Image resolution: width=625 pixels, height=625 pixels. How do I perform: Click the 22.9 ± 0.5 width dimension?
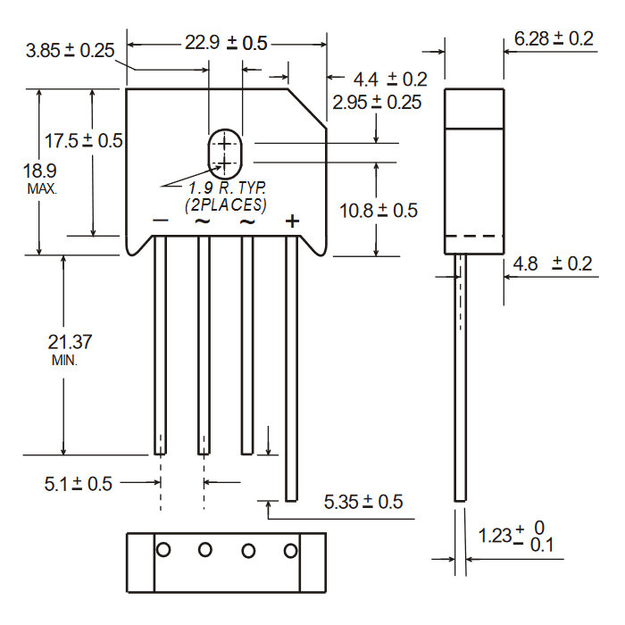pyautogui.click(x=226, y=43)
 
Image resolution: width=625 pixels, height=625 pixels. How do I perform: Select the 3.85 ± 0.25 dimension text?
pyautogui.click(x=71, y=51)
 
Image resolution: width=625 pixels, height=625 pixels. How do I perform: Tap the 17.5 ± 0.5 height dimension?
pyautogui.click(x=83, y=141)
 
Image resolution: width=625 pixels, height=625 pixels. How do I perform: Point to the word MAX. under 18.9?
pyautogui.click(x=42, y=188)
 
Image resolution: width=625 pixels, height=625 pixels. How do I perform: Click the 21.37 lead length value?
pyautogui.click(x=71, y=342)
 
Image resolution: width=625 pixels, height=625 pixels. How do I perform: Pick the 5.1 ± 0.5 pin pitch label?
pyautogui.click(x=79, y=484)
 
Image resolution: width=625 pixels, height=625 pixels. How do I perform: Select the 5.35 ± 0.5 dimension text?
pyautogui.click(x=363, y=502)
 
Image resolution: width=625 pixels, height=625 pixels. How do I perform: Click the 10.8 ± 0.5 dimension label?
pyautogui.click(x=379, y=211)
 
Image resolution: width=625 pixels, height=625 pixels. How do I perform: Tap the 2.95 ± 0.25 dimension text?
pyautogui.click(x=377, y=103)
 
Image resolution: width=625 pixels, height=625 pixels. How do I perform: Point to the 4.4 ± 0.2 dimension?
pyautogui.click(x=390, y=79)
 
